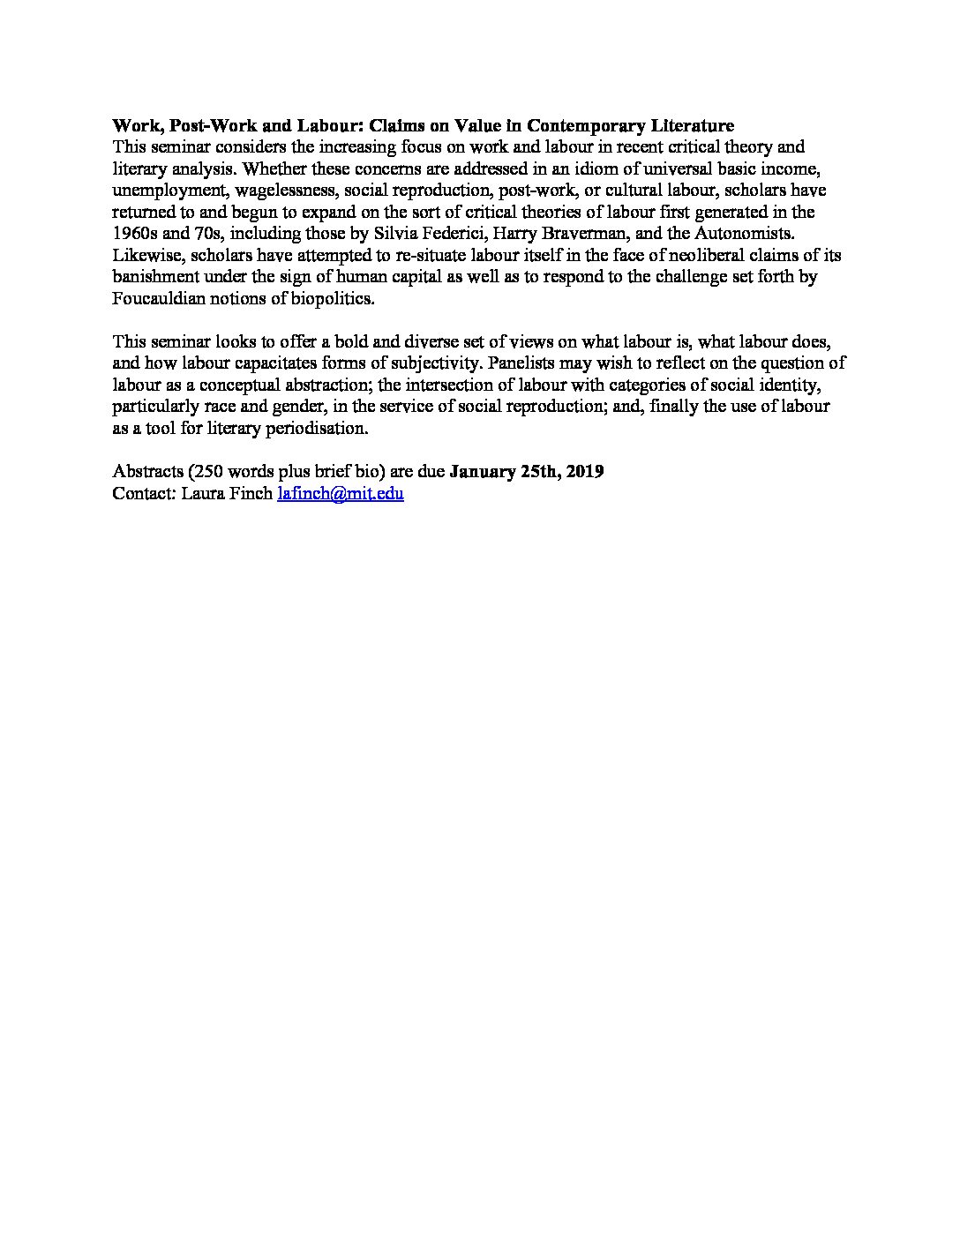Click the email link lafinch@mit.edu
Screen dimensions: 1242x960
point(340,494)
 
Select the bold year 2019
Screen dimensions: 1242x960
point(585,472)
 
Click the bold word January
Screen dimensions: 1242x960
point(483,472)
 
